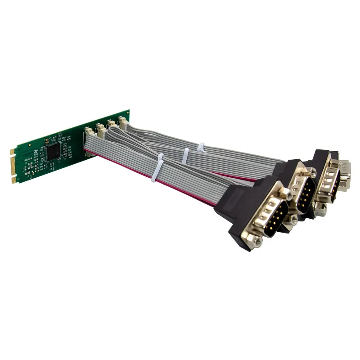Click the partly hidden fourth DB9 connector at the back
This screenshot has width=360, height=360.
click(346, 171)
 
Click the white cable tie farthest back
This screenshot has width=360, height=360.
click(200, 147)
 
